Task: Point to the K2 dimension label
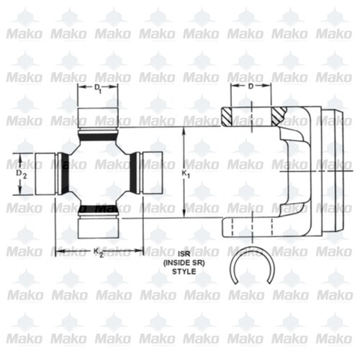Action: [x=98, y=251]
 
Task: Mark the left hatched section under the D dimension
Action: [x=231, y=114]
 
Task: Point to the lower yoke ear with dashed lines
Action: [x=252, y=227]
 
